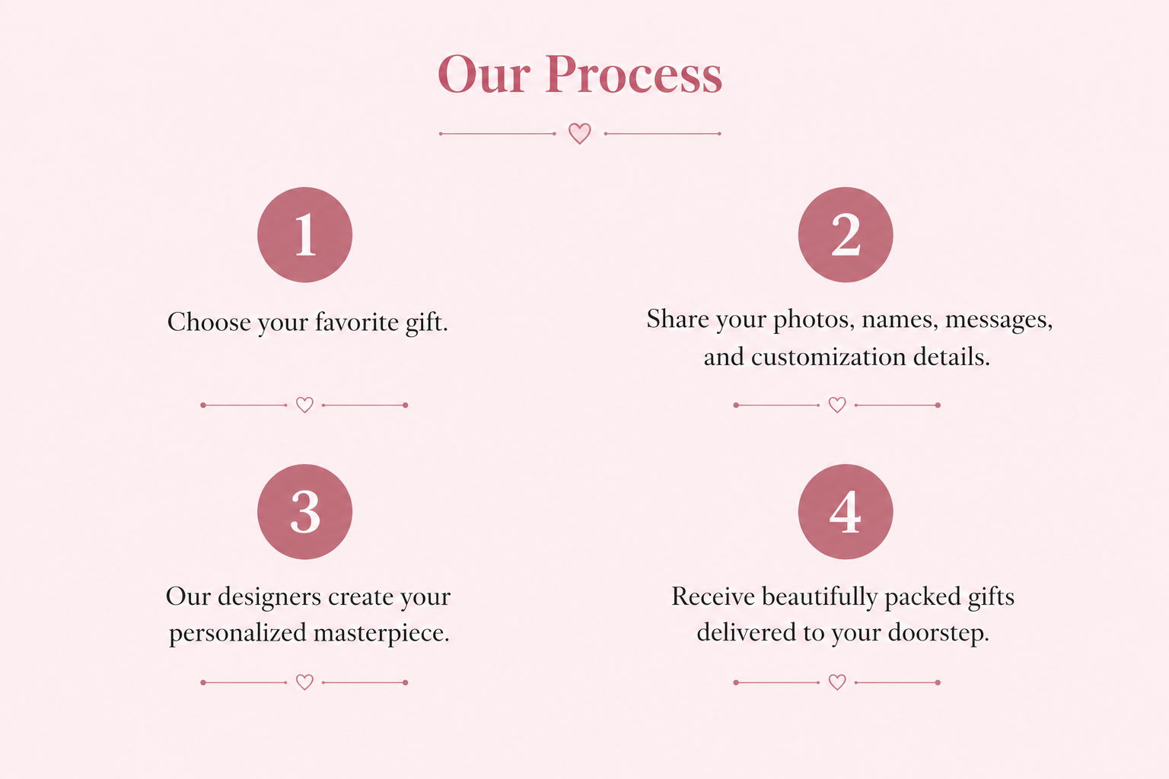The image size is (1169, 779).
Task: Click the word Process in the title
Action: tap(633, 75)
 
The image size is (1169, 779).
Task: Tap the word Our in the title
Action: tap(484, 75)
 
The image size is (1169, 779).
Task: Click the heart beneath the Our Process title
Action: tap(580, 134)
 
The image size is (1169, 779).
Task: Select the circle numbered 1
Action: tap(304, 235)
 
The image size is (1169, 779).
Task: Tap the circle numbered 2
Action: tap(846, 235)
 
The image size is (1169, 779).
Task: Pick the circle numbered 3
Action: tap(304, 512)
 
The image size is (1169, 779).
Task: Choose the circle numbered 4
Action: tap(846, 512)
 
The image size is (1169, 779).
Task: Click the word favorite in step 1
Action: tap(357, 322)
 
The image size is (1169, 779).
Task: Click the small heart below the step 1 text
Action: tap(304, 405)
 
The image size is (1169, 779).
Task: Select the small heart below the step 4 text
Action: tap(837, 682)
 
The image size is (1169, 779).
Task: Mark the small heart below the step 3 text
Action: tap(304, 682)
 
